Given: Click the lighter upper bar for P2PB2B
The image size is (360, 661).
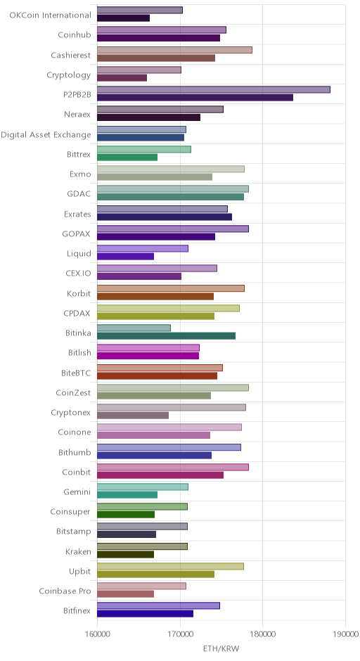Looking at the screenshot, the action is [213, 89].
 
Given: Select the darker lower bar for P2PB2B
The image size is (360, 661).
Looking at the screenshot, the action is [195, 97].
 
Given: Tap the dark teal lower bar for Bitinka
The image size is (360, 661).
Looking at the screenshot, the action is [166, 335].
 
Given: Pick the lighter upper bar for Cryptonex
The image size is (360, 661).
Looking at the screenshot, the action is [171, 407].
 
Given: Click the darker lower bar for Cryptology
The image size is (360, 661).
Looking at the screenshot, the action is [122, 77].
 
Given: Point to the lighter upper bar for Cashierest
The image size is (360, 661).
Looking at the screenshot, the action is [174, 50].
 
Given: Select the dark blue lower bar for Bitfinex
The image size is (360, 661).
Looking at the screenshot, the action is [145, 614].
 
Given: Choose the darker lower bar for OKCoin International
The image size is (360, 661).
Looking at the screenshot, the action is [123, 18].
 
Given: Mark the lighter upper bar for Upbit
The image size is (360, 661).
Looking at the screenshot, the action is [170, 566].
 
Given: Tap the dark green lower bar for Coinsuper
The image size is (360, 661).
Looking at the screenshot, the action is [126, 514].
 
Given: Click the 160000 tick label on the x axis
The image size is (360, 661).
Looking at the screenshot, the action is [97, 634].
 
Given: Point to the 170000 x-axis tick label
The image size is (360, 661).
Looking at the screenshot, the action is [180, 634].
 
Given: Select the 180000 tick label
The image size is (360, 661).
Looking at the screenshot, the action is [263, 634].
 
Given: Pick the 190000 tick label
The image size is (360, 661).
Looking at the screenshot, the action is [346, 634].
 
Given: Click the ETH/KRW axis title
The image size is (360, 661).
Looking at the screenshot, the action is [221, 648].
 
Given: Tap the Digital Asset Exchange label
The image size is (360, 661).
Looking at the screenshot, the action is [46, 135].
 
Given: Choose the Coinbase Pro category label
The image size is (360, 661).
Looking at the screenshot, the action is [65, 591].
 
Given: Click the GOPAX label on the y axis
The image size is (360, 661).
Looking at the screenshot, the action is [77, 233].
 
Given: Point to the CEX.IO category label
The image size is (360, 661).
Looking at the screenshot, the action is [78, 273].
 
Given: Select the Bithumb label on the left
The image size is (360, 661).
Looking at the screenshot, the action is [75, 452].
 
